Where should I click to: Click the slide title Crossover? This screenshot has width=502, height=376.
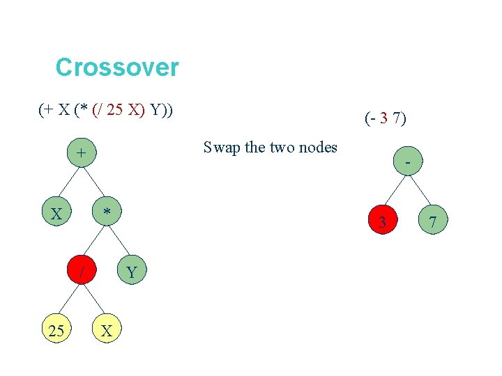tap(116, 68)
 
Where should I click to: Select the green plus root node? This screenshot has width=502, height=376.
tap(82, 152)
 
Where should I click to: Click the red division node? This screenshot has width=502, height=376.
tap(82, 272)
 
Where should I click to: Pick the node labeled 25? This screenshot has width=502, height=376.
tap(57, 331)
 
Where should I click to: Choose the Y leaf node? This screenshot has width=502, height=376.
tap(132, 272)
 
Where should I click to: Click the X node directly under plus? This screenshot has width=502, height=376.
tap(57, 212)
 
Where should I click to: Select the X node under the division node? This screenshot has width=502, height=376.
tap(107, 331)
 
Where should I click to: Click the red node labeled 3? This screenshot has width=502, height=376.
tap(382, 222)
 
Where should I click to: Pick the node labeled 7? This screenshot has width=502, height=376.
tap(432, 222)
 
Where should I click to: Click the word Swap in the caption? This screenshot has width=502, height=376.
tap(219, 148)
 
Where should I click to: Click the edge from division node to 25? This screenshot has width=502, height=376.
tap(70, 302)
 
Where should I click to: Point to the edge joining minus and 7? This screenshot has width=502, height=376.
tap(420, 191)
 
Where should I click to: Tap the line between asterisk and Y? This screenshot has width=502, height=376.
tap(119, 242)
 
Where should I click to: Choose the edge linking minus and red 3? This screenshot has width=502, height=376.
tap(395, 191)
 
